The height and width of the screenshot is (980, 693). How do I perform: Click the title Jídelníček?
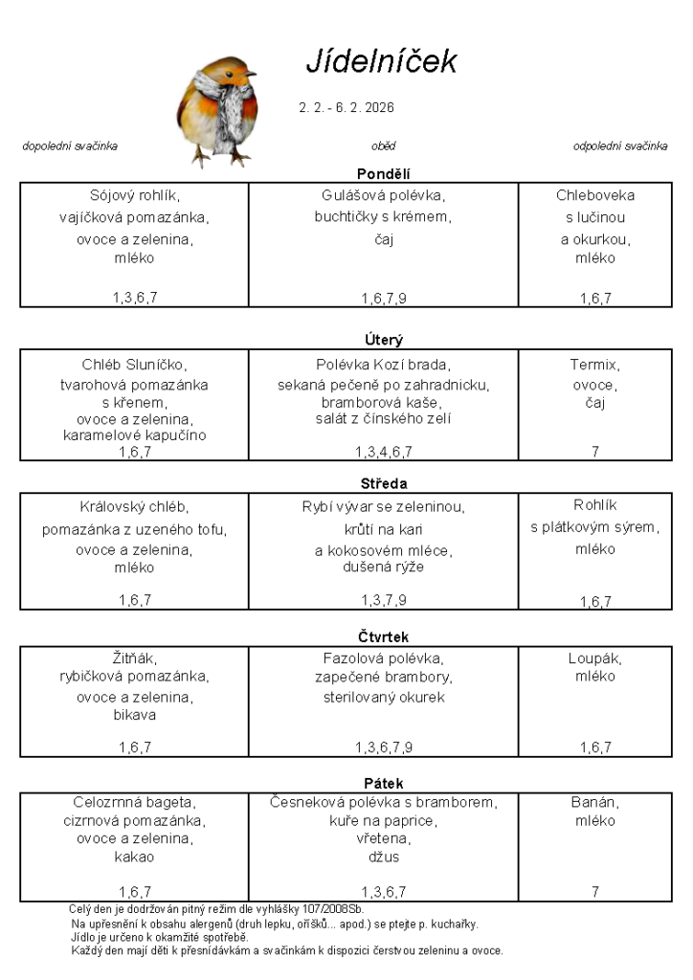coord(381,61)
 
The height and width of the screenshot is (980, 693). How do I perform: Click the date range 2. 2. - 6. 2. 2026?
coord(346,107)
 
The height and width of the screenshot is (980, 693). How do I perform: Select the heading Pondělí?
coord(383,173)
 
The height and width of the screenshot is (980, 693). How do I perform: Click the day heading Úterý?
coord(383,339)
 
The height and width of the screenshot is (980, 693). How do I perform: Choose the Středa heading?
coord(383,483)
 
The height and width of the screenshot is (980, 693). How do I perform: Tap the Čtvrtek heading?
coord(383,636)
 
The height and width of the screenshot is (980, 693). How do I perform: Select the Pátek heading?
coord(383,783)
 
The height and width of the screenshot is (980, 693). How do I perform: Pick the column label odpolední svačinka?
coord(620,146)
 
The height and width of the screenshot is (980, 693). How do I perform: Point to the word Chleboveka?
coord(594,195)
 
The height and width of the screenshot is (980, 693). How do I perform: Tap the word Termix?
coord(594,365)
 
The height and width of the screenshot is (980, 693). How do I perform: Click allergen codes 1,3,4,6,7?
coord(383,452)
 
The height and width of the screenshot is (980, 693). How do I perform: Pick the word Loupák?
coord(594,658)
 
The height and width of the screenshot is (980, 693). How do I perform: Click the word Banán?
coord(594,801)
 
